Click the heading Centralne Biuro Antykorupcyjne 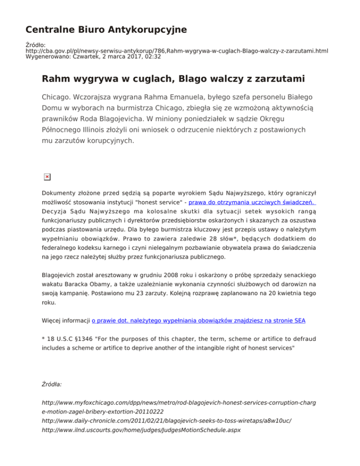(x=106, y=30)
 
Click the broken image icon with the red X (x=47, y=177)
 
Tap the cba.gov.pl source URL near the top (x=176, y=50)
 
